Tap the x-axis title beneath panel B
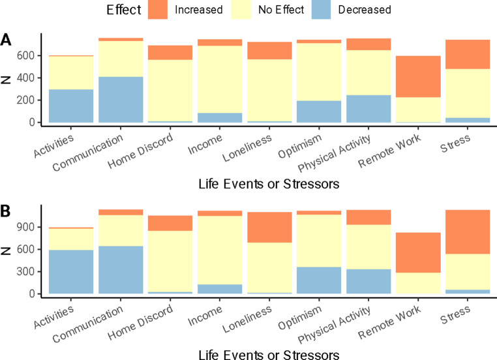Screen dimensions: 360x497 pyautogui.click(x=269, y=354)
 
